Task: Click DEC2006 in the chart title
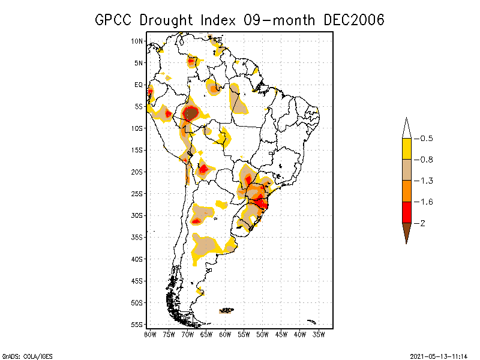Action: tap(353, 20)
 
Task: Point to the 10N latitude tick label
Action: tap(137, 41)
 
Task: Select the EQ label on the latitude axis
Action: tap(139, 85)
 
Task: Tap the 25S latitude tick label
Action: tap(137, 194)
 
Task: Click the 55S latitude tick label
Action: tap(137, 325)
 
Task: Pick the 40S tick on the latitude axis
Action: tap(137, 259)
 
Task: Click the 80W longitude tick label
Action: tap(150, 334)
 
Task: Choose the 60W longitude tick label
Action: tap(225, 334)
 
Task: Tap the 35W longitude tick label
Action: tap(319, 334)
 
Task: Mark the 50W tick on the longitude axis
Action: tap(262, 334)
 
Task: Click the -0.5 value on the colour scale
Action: tap(426, 139)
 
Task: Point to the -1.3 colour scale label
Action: tap(426, 181)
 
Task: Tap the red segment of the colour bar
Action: tap(406, 212)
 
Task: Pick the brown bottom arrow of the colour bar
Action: tap(406, 231)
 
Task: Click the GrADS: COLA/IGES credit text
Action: tap(20, 355)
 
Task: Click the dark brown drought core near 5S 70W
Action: tap(191, 113)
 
